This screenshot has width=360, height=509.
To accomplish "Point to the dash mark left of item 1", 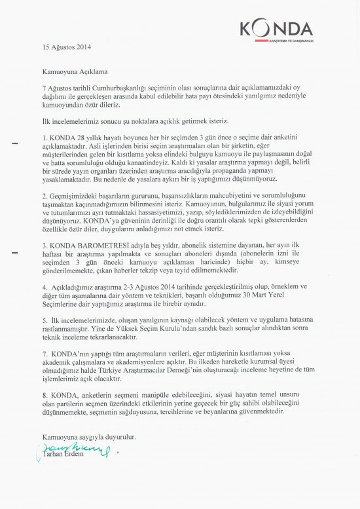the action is tap(14, 142).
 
